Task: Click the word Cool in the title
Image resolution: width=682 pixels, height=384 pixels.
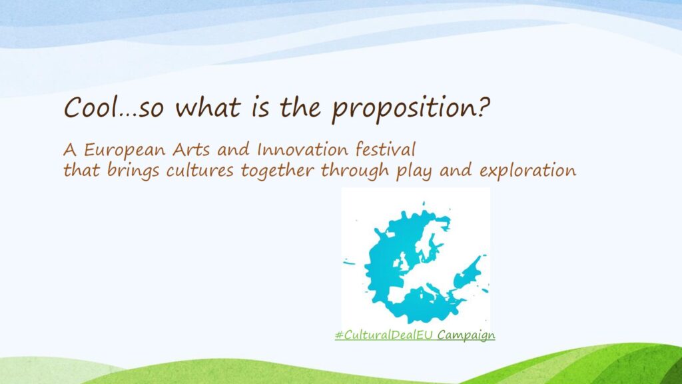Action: [91, 107]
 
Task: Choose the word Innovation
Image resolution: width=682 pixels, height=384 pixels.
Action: [303, 150]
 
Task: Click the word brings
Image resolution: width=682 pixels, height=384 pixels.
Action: [133, 171]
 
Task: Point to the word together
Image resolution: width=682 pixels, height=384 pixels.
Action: [277, 171]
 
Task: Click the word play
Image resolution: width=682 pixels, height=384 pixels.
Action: [414, 171]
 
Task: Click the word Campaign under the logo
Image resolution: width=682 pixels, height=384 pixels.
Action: [466, 336]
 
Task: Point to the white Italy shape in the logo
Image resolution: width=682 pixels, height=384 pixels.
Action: [435, 293]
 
